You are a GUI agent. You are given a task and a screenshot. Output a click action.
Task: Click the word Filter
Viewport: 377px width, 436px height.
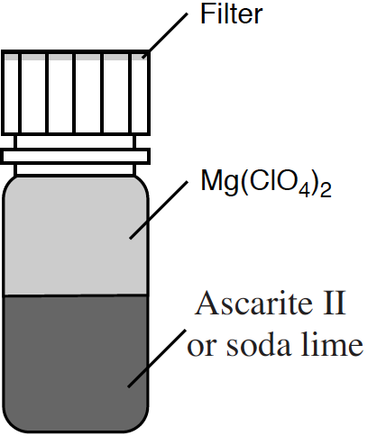tap(231, 14)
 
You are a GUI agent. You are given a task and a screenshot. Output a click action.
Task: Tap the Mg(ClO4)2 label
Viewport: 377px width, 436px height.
tap(266, 183)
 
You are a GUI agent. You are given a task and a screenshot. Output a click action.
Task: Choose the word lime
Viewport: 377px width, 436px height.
tap(332, 344)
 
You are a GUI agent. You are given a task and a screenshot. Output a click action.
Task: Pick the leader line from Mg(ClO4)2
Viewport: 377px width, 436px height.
tap(159, 210)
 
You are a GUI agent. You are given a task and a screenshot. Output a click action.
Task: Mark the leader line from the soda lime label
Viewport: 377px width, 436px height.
tap(157, 359)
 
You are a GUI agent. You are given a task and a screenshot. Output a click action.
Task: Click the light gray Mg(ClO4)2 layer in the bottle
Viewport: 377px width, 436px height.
tap(75, 237)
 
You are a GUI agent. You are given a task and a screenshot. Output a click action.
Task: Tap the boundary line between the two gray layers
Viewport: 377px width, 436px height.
tap(75, 295)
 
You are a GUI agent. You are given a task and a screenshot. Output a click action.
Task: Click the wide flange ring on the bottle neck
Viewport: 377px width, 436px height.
tap(75, 156)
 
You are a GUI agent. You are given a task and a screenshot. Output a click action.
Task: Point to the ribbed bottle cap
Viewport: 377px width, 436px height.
tap(75, 93)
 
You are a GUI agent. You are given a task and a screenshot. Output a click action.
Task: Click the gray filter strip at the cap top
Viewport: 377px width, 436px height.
tap(75, 57)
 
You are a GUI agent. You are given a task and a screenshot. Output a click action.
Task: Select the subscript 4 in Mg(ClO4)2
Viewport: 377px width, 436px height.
tap(305, 191)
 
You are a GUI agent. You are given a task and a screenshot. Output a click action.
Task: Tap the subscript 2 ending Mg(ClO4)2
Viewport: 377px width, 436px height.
tap(326, 190)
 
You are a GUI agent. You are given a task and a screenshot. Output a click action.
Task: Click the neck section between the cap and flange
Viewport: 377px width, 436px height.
tap(75, 142)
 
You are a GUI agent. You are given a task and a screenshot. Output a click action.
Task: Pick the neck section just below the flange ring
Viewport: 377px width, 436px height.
tap(75, 169)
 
